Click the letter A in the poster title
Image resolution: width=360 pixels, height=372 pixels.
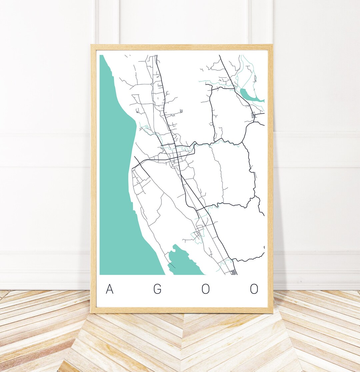109,289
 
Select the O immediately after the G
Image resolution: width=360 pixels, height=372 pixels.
206,289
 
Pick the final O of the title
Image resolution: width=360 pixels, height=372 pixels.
254,289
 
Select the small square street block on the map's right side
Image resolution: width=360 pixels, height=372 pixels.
254,115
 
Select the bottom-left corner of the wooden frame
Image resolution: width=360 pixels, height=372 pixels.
92,312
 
